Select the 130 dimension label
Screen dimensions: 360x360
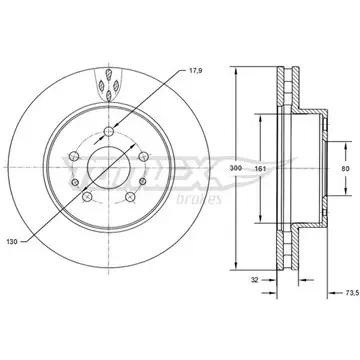click(x=12, y=242)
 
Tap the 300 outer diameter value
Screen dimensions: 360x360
click(x=236, y=168)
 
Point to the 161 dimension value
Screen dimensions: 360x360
click(x=260, y=168)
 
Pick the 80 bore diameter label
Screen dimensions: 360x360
click(x=346, y=168)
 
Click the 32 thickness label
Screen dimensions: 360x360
click(x=255, y=280)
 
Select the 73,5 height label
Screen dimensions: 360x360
click(x=352, y=293)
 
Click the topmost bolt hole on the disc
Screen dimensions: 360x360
click(x=109, y=132)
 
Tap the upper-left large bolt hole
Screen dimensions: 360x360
click(x=74, y=156)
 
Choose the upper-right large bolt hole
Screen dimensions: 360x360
click(x=143, y=156)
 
